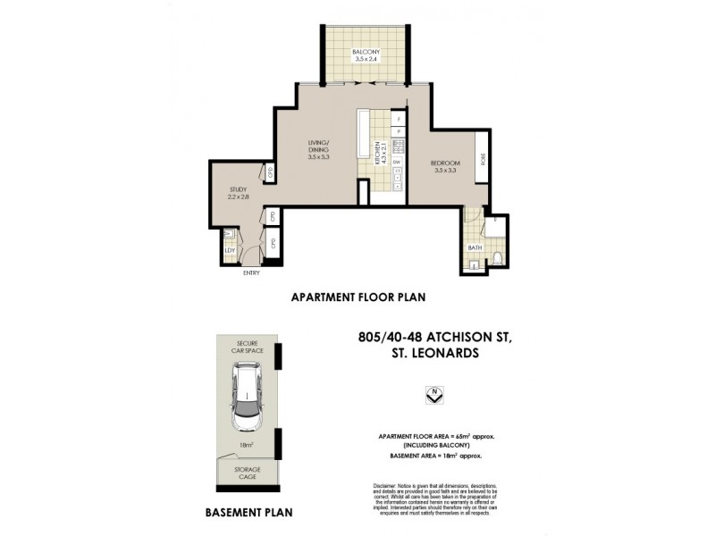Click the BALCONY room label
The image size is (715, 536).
366,53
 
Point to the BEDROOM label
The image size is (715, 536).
444,163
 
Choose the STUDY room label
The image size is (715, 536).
237,189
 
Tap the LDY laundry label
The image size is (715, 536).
229,250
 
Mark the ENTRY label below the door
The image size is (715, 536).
251,273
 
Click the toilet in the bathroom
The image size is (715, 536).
497,260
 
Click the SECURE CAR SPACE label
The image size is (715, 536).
248,346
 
